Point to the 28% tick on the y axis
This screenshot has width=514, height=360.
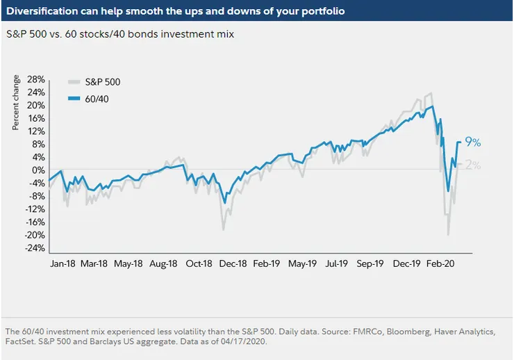coord(36,80)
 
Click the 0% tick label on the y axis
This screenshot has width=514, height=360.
coord(39,170)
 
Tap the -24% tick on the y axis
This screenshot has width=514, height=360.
coord(34,248)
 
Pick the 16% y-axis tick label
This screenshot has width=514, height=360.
coord(36,119)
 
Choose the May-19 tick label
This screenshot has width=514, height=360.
coord(302,264)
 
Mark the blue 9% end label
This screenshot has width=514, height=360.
coord(473,143)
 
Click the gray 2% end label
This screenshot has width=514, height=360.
coord(473,165)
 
